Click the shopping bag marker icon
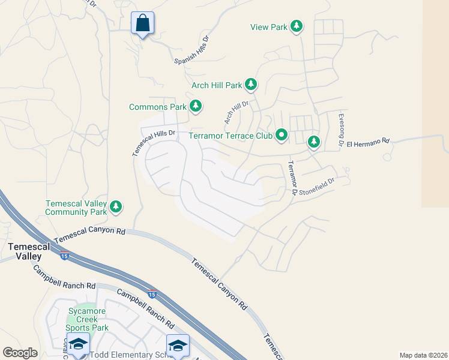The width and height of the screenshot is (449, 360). point(143,23)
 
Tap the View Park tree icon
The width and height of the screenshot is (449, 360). point(296,26)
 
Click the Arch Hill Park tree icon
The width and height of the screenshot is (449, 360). point(251,85)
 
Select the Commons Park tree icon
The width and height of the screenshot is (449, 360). point(195,106)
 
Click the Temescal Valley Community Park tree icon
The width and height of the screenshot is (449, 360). point(116,208)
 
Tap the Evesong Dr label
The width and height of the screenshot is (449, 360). point(340,130)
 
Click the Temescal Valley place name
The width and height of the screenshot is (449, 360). point(25,251)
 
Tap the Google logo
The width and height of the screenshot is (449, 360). point(20,353)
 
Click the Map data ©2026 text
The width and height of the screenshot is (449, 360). point(423,355)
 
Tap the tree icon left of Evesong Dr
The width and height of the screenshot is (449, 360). point(313,142)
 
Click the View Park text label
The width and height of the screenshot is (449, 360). point(269,27)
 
